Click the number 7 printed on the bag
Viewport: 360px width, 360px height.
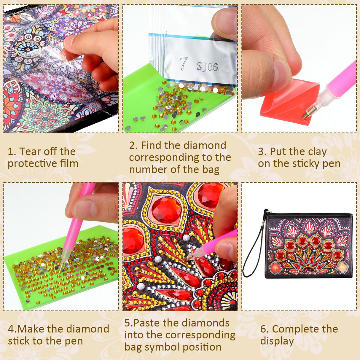183,63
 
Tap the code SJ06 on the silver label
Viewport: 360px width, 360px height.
208,67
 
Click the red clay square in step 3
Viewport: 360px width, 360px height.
285,102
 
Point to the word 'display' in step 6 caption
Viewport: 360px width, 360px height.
277,341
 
